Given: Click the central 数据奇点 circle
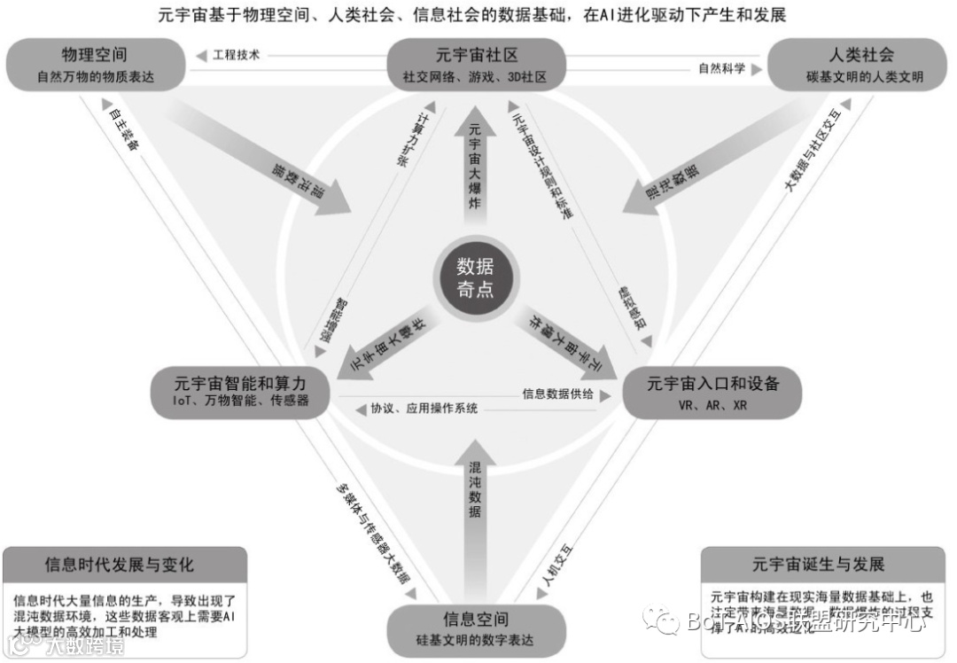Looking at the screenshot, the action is (475, 277).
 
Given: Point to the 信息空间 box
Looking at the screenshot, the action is (476, 628).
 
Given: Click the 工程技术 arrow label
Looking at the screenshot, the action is (237, 55).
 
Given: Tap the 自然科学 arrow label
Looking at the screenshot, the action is (721, 68).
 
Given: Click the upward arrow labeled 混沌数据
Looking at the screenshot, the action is (475, 496).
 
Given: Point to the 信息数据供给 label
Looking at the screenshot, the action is (557, 394).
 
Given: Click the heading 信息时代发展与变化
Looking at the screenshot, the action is (125, 565).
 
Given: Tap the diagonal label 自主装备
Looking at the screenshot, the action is (121, 130).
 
